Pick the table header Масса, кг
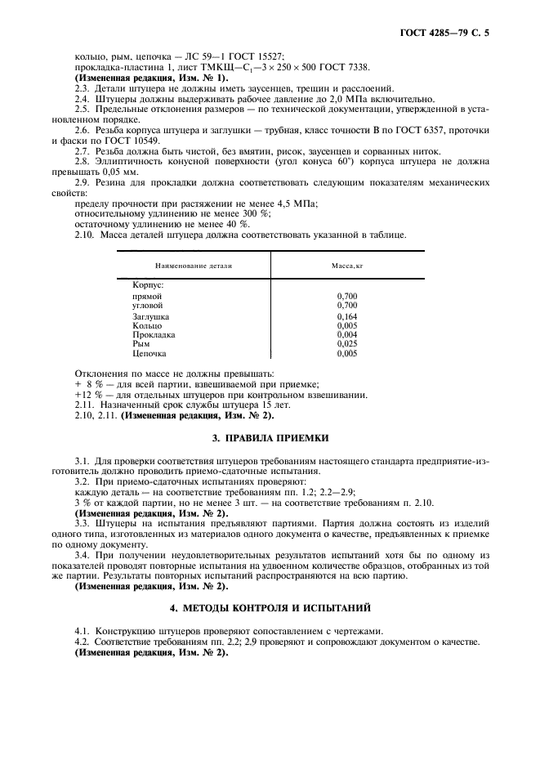coord(346,266)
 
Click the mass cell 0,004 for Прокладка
coord(346,334)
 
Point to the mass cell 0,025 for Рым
coord(346,344)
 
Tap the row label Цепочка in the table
coord(149,354)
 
